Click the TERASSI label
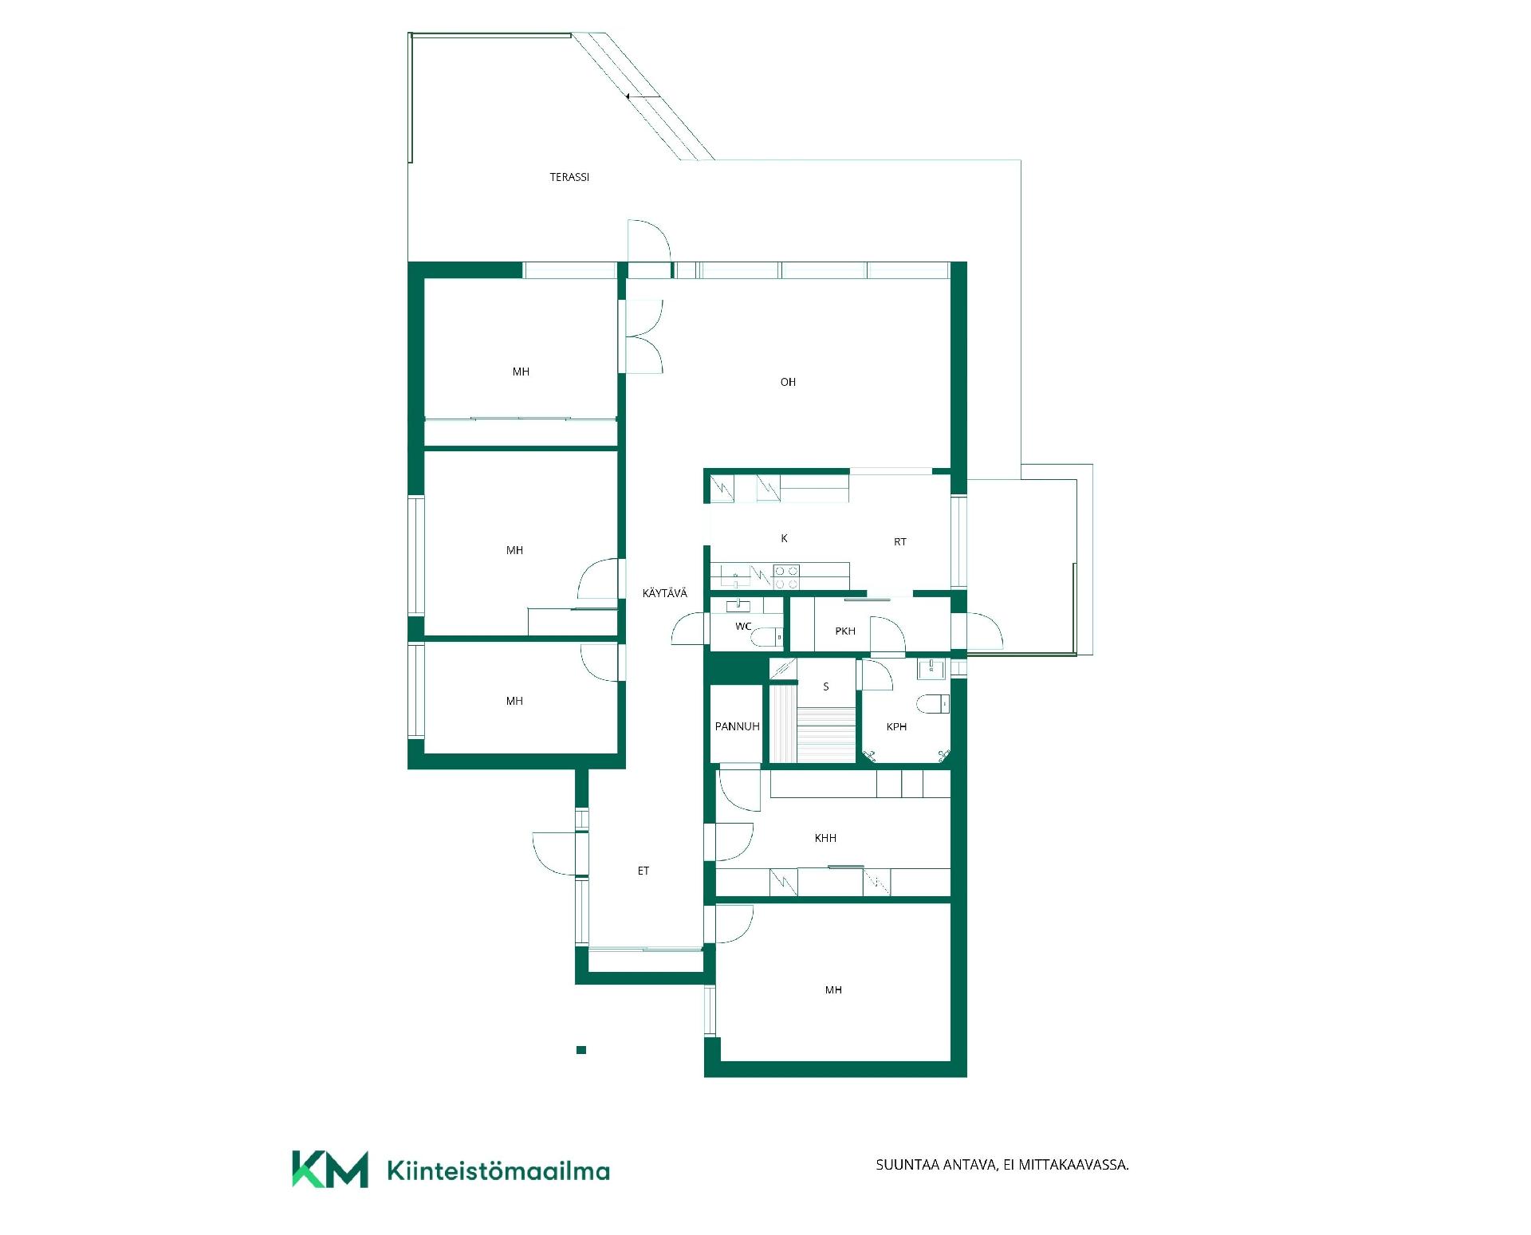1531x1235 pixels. point(569,177)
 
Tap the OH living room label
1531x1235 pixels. point(788,382)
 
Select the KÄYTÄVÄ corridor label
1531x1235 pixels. point(664,592)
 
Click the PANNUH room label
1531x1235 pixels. point(737,726)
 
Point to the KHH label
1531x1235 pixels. point(825,838)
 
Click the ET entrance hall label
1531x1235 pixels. point(643,871)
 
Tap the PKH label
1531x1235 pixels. point(845,631)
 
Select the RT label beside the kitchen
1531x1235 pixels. point(900,541)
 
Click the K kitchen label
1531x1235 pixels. point(785,538)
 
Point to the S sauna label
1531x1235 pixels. point(826,686)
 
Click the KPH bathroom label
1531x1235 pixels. point(897,726)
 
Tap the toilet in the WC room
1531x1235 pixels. point(767,637)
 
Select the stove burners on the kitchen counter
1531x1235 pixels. point(787,577)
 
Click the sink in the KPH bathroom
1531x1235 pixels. point(931,668)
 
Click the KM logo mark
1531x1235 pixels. point(330,1170)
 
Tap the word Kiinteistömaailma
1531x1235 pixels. point(498,1170)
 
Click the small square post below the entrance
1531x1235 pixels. point(581,1050)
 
